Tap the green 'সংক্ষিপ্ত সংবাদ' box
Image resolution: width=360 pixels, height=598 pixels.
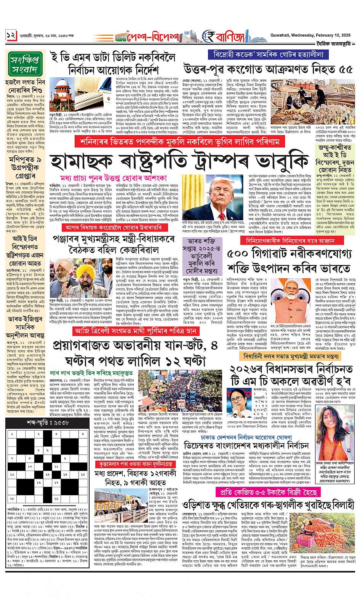point(23,64)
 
